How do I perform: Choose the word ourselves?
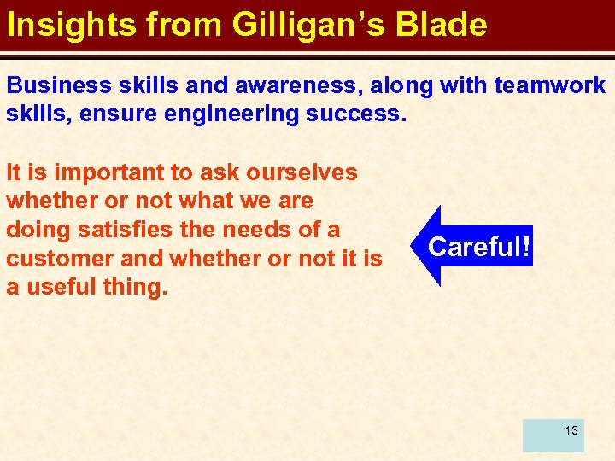(x=302, y=172)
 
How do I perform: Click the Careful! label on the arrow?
(x=480, y=247)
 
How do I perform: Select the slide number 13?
(x=571, y=430)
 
